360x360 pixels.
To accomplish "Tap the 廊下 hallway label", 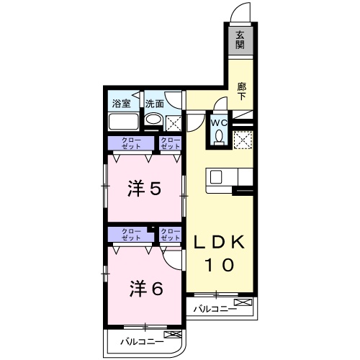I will (x=243, y=90).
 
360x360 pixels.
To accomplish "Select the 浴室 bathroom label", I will (x=121, y=103).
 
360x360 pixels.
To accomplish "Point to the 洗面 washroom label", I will (x=154, y=103).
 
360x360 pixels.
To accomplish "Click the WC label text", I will (x=220, y=122).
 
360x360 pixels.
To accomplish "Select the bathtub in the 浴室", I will (x=124, y=120).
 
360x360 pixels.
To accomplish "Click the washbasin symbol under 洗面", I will (x=152, y=119).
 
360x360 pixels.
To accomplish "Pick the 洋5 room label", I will (x=144, y=188).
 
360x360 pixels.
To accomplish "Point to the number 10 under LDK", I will (x=220, y=265).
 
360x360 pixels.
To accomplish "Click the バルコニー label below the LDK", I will (x=215, y=310).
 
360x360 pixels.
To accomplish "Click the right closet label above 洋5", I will (x=170, y=143).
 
